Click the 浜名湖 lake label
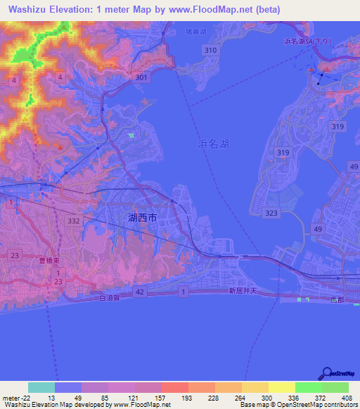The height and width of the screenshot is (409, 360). coord(213,143)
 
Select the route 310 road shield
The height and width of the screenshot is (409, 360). coord(210,51)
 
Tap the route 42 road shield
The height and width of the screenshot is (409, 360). coord(140,291)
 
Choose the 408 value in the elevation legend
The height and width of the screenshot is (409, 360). coord(347,398)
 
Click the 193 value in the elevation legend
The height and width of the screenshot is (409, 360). coord(188,398)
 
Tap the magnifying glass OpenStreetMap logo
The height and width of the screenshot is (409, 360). coord(327,373)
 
